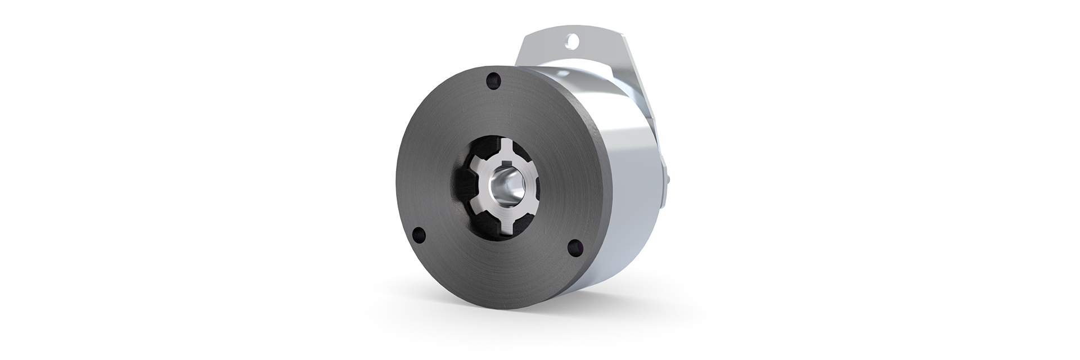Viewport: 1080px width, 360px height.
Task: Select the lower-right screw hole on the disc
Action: [x=574, y=246]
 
